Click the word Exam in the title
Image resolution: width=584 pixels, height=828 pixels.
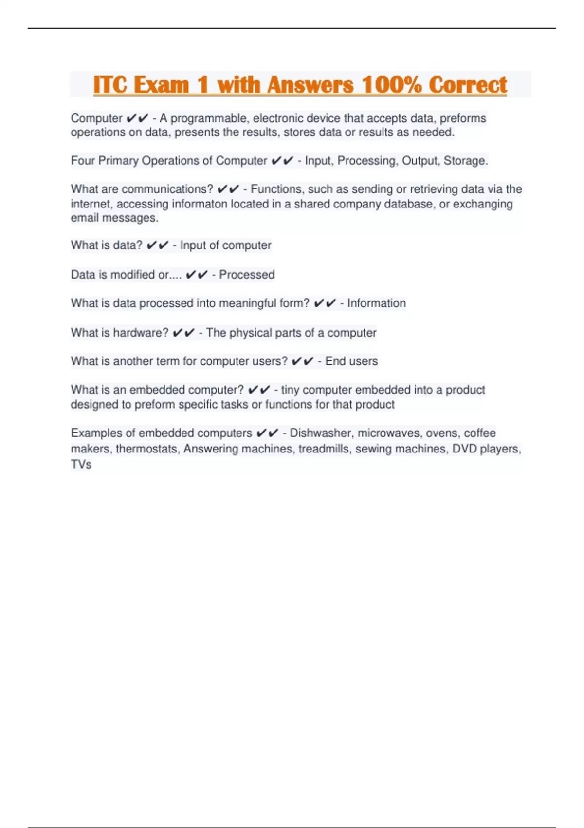162,85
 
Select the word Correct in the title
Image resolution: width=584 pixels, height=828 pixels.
468,85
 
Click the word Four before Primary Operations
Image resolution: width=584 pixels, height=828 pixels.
83,161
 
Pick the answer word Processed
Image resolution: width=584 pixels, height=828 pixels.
247,275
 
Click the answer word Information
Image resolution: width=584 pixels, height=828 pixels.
376,303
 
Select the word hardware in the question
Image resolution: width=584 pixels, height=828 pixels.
141,333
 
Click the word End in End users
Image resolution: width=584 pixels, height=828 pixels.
335,361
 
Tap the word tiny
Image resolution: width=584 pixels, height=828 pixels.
290,390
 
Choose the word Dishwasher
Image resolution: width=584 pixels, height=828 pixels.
321,433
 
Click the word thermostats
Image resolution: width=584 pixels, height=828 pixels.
147,449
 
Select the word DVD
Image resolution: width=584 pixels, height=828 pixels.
464,449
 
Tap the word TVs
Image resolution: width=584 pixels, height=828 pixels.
81,464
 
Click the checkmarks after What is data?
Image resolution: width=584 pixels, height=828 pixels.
157,245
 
